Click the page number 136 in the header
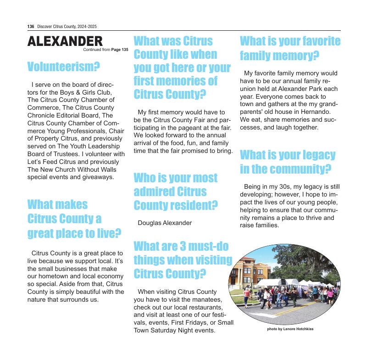pyautogui.click(x=31, y=27)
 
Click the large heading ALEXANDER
pyautogui.click(x=65, y=41)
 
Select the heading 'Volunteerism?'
pyautogui.click(x=64, y=67)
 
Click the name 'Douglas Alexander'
pyautogui.click(x=165, y=223)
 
